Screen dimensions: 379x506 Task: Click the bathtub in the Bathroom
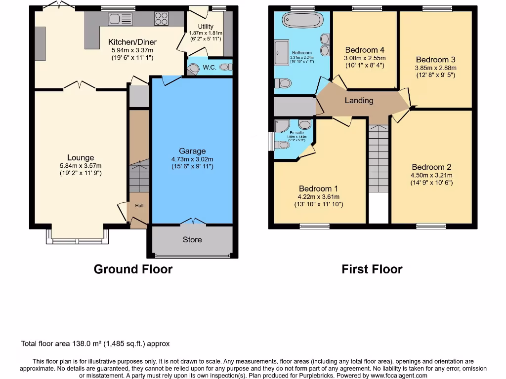pos(301,20)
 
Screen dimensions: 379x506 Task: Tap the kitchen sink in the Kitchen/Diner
pos(121,19)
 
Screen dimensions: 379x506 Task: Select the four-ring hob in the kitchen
pos(161,19)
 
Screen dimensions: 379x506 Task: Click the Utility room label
pos(206,27)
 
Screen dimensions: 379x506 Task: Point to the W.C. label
pos(209,67)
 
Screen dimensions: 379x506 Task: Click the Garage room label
pos(192,151)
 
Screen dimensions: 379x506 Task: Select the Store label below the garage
pos(192,239)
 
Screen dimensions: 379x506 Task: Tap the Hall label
pos(139,205)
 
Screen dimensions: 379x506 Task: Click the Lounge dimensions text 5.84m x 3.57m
pos(81,166)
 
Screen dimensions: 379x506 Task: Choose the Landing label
pos(359,100)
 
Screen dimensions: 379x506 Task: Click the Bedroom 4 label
pos(365,50)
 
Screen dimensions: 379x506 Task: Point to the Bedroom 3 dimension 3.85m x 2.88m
pos(436,68)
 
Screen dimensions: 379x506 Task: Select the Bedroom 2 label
pos(431,167)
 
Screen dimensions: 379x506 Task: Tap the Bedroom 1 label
pos(319,189)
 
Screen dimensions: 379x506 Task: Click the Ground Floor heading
pos(133,269)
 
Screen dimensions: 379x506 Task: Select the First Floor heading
pos(372,269)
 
